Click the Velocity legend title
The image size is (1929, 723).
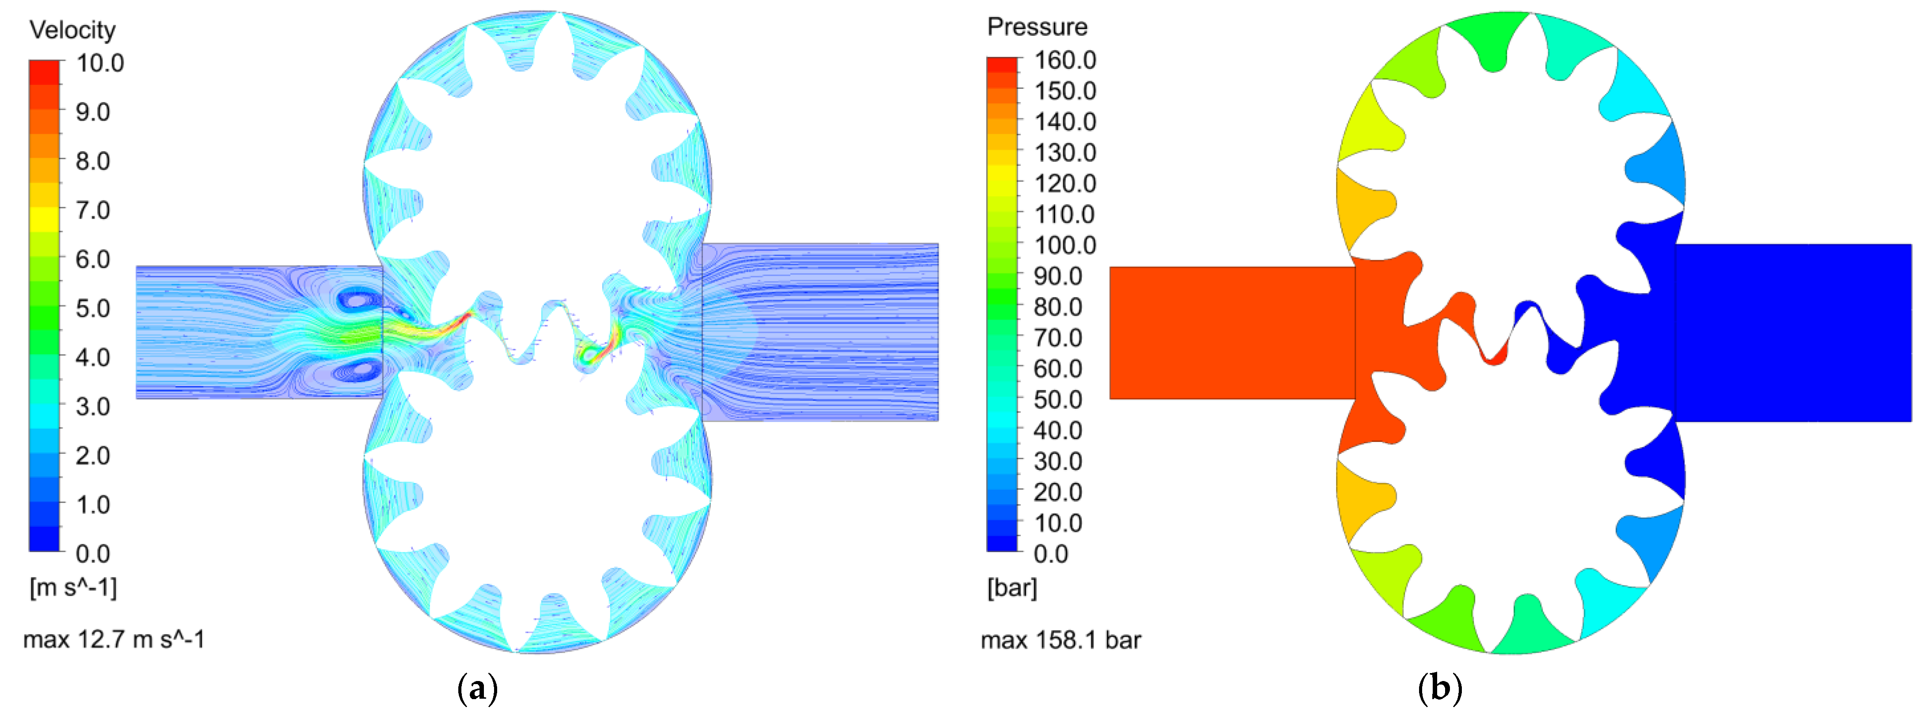73,30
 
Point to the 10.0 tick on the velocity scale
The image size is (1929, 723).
100,63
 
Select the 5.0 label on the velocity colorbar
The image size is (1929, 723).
92,308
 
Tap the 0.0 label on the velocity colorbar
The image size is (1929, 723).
92,554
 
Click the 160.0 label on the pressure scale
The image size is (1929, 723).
1065,60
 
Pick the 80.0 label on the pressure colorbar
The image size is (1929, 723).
1058,306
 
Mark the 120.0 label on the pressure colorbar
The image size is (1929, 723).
1065,183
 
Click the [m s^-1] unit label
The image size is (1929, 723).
73,587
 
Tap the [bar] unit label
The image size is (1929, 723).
1012,587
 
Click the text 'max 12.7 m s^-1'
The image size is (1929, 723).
114,639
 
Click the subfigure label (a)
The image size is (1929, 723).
477,688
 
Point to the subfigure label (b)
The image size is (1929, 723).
1439,688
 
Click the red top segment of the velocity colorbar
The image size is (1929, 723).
44,72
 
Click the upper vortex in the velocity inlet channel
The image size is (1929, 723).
359,301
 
